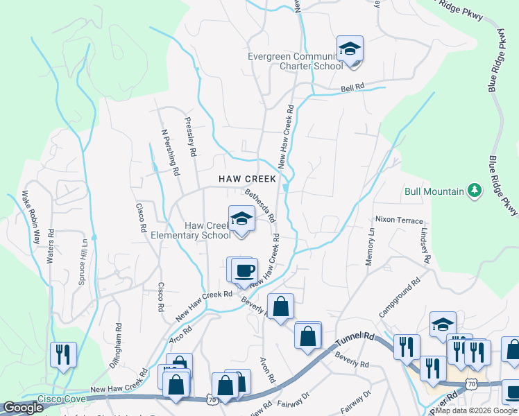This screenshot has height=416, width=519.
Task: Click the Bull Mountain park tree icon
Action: [x=475, y=190]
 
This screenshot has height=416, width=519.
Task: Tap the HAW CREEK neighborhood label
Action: [x=248, y=179]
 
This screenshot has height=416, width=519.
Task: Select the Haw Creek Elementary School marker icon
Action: [x=241, y=219]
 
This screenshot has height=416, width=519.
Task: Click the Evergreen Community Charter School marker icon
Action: [x=350, y=49]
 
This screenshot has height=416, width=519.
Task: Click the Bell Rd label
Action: [x=352, y=89]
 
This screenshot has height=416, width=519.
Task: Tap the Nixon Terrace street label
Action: [x=399, y=220]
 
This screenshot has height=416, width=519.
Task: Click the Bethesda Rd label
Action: [x=260, y=205]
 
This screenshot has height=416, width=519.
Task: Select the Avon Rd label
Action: [x=268, y=370]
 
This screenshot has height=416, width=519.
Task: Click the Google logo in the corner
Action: [x=23, y=408]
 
